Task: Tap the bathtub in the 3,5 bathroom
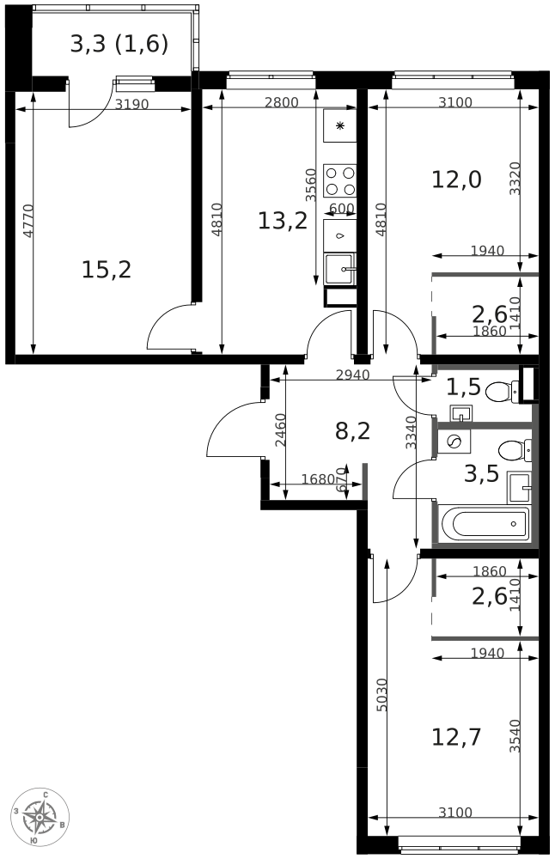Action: coord(485,524)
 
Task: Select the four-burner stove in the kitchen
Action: coord(339,180)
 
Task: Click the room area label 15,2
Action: coord(107,270)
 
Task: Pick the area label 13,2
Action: coord(282,221)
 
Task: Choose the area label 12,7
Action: coord(456,737)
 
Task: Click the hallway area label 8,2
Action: coord(353,431)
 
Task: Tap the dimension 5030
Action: coord(381,695)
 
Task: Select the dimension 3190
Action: coord(131,104)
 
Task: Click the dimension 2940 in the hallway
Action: coord(352,375)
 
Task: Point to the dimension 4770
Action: coord(28,221)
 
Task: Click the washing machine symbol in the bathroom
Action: coord(454,441)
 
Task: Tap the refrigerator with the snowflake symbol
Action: coord(339,126)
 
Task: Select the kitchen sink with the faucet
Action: coord(339,269)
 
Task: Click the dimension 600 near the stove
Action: coord(342,209)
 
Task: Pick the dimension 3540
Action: coord(515,736)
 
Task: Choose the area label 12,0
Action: coord(456,180)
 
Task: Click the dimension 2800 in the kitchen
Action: coord(281,102)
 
